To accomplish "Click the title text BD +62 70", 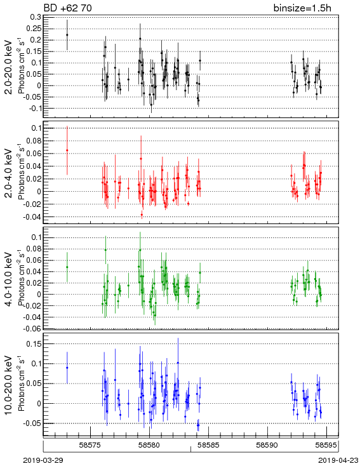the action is point(68,8).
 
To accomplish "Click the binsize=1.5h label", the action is point(302,8).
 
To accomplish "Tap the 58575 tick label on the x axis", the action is point(90,445).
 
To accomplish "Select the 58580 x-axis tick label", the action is point(150,445).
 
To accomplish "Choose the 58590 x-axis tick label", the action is point(268,445).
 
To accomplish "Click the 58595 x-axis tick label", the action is point(326,445).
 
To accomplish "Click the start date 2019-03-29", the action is point(43,460).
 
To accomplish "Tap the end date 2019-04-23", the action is point(338,460).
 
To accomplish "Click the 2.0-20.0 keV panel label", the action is point(9,67).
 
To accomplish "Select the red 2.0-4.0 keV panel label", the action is point(9,173).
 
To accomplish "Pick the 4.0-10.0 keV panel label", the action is point(9,279).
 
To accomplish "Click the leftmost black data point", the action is point(67,35).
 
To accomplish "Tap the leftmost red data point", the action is point(67,150).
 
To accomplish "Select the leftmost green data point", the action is point(67,267).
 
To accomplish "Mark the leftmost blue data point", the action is point(67,368).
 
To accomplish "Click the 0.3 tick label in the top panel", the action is point(36,17).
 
